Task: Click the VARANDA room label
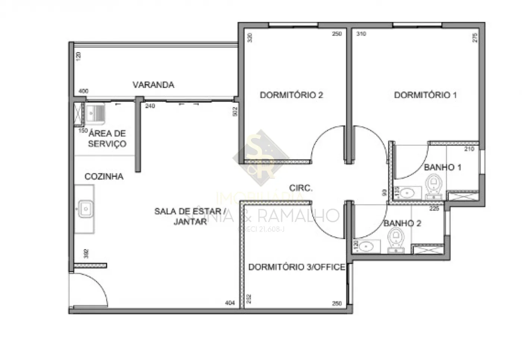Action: tap(153, 85)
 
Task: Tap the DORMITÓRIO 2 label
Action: tap(291, 95)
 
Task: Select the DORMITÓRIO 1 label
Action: tap(425, 95)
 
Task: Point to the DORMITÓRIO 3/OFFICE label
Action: tap(296, 267)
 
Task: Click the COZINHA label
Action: tap(104, 176)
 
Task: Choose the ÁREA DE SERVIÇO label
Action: tap(107, 138)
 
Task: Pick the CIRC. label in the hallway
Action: tap(301, 188)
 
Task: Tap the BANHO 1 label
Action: tap(442, 167)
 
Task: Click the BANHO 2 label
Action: tap(402, 223)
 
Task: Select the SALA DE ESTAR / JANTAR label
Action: tap(190, 216)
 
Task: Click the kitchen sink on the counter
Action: tap(85, 209)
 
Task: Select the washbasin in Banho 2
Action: tap(368, 247)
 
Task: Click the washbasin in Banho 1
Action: tap(409, 193)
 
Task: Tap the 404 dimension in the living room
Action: tap(230, 303)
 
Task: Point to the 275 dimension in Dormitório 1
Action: tap(475, 38)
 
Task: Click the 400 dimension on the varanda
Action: tap(84, 91)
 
